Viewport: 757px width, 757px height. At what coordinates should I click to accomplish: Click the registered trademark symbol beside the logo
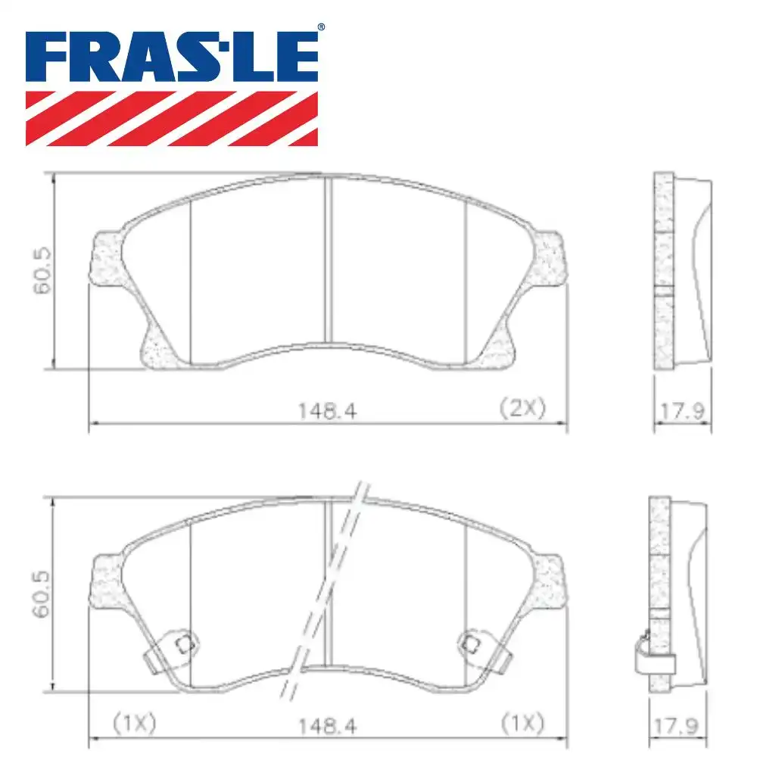tap(320, 28)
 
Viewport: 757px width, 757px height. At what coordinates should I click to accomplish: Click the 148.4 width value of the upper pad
tap(327, 410)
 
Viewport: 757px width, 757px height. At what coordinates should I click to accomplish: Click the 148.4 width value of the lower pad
tap(327, 725)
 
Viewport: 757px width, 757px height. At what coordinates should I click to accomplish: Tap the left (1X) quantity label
tap(134, 724)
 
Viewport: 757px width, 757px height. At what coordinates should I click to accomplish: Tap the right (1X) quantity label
tap(522, 724)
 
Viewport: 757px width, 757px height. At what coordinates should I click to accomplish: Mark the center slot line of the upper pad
tap(327, 261)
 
